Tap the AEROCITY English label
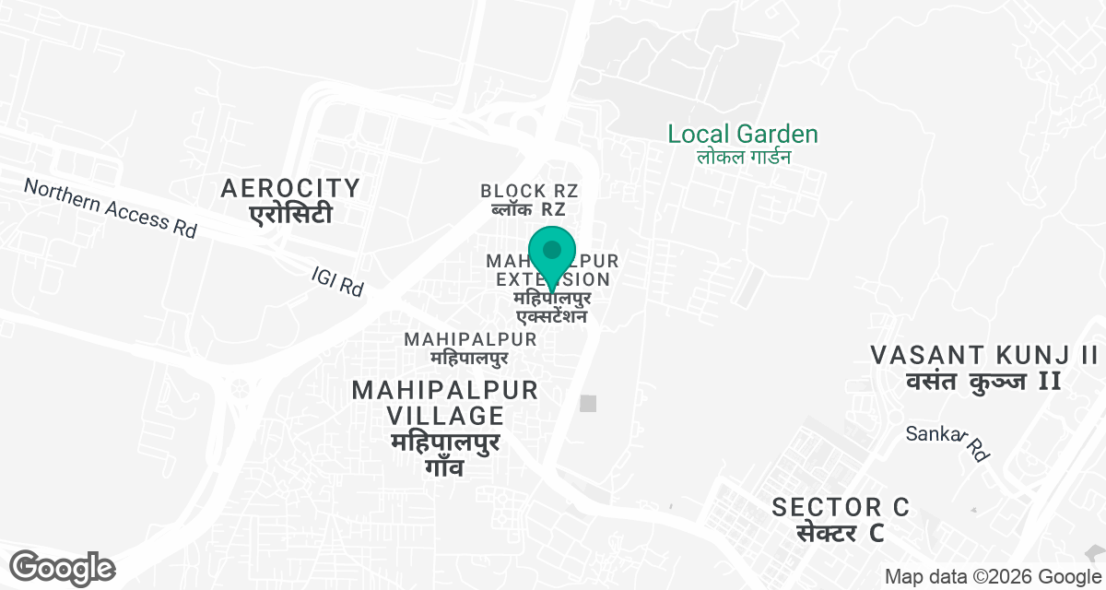click(290, 189)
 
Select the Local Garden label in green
click(742, 135)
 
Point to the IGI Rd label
click(337, 281)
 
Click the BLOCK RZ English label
click(529, 191)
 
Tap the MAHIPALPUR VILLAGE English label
click(444, 403)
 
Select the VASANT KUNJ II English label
click(984, 355)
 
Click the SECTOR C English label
click(841, 507)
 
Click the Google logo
click(63, 567)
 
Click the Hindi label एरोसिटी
click(290, 215)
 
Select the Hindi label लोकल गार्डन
click(743, 157)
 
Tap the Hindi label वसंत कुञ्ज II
click(984, 381)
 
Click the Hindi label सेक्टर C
click(841, 533)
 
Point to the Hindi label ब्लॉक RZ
click(529, 210)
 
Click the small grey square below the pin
click(588, 403)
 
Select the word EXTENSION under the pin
click(552, 279)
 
